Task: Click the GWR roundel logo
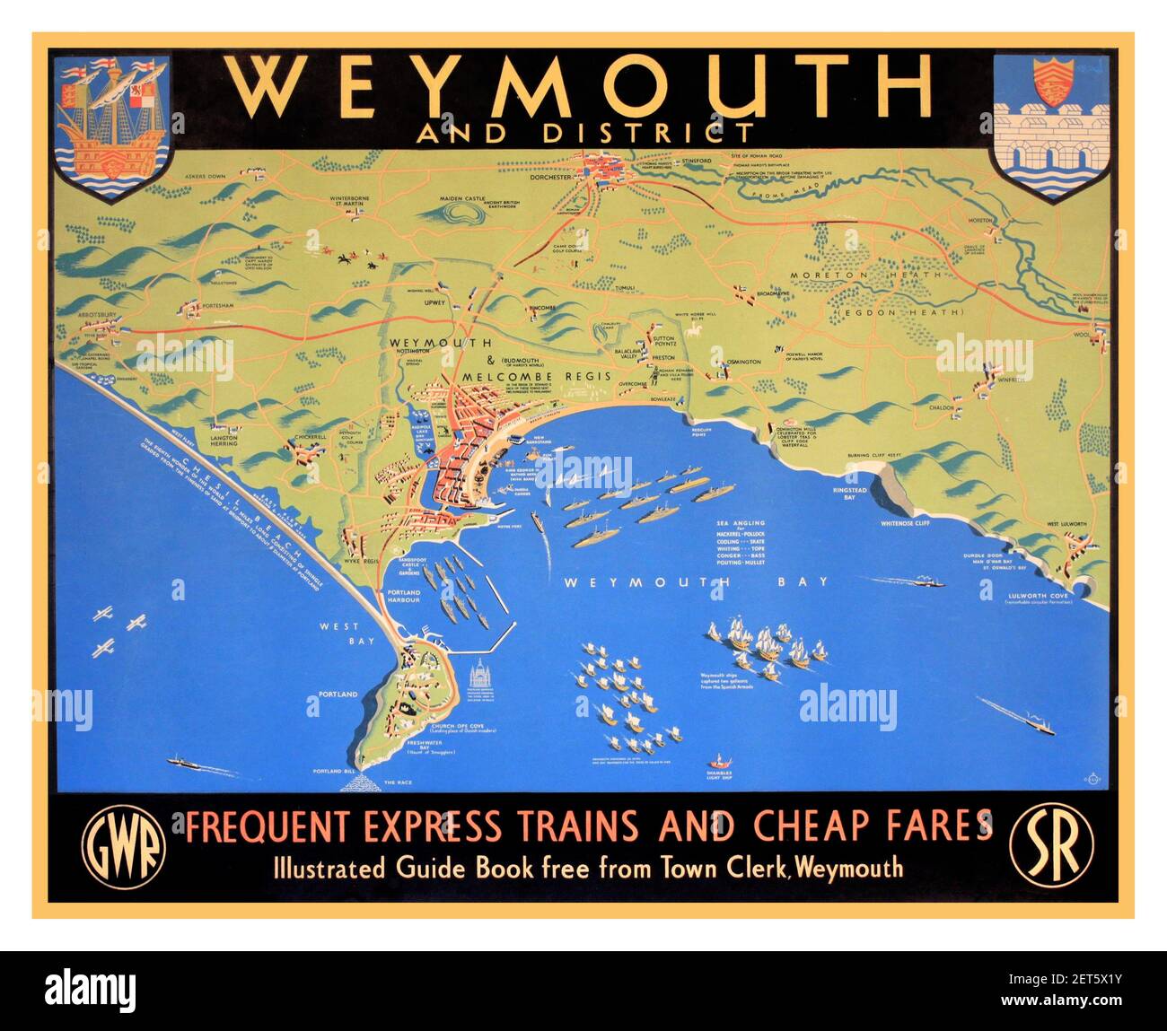(124, 846)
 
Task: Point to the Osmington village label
(742, 362)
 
